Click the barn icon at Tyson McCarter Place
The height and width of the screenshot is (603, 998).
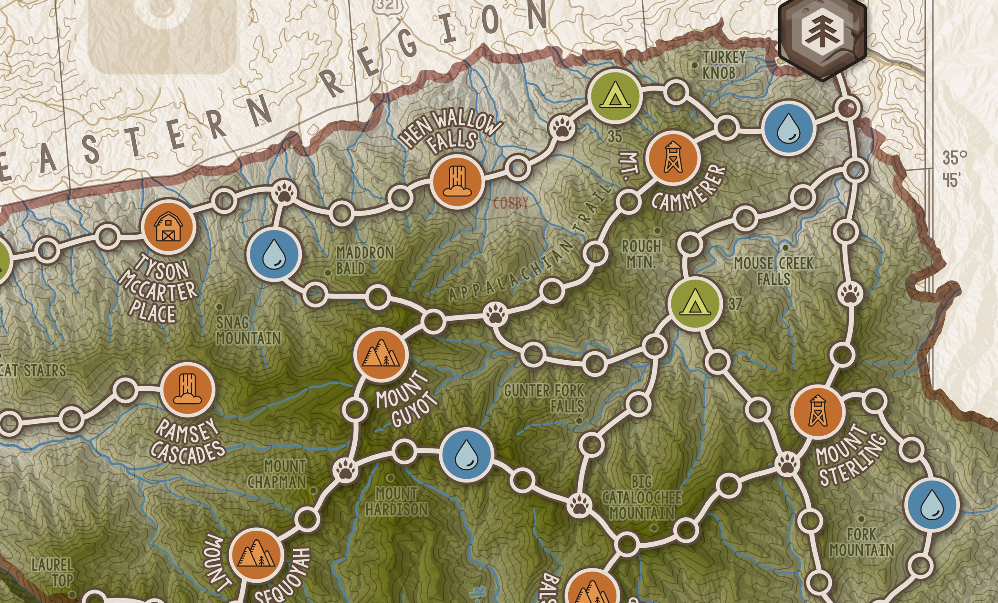(168, 227)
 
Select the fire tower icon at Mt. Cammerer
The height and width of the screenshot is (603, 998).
(673, 157)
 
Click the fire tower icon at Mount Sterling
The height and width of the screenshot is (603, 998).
(817, 411)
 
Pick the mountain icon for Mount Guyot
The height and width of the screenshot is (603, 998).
(380, 354)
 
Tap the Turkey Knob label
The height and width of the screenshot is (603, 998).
(723, 65)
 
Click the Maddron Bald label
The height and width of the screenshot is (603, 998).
(365, 261)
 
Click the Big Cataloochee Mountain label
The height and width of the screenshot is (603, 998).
(642, 498)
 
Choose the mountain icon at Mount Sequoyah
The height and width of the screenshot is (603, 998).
(255, 555)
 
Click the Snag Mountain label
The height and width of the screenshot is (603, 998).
(248, 331)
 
